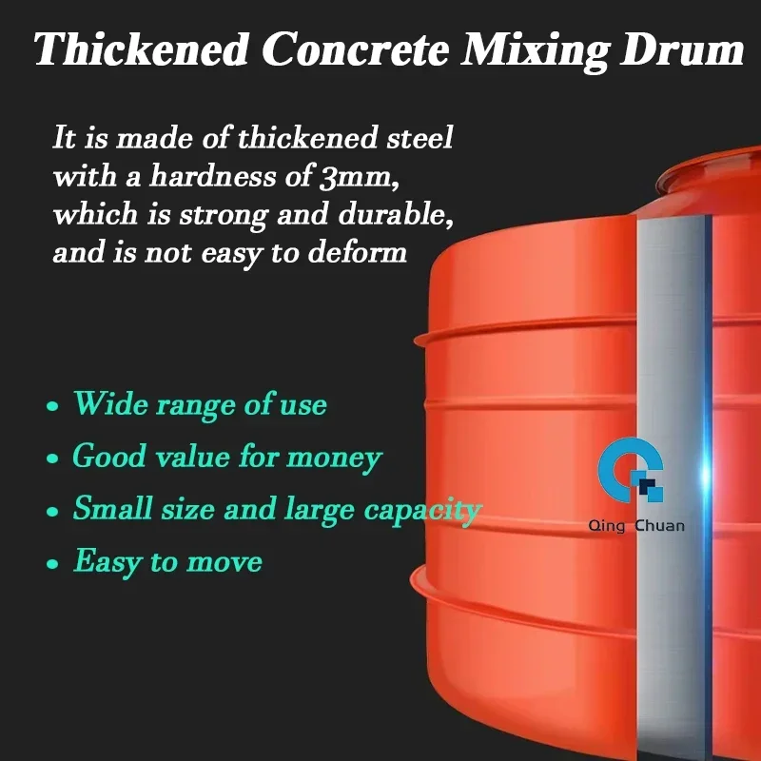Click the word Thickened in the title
[141, 49]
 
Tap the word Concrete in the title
[356, 49]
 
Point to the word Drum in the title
[682, 49]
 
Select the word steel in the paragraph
[420, 137]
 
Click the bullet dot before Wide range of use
[52, 406]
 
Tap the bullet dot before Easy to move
[52, 563]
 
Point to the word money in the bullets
[335, 459]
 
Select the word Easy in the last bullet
[107, 562]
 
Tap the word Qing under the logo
[606, 526]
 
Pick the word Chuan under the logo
[659, 525]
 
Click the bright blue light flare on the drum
[707, 476]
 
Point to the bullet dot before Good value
[52, 459]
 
